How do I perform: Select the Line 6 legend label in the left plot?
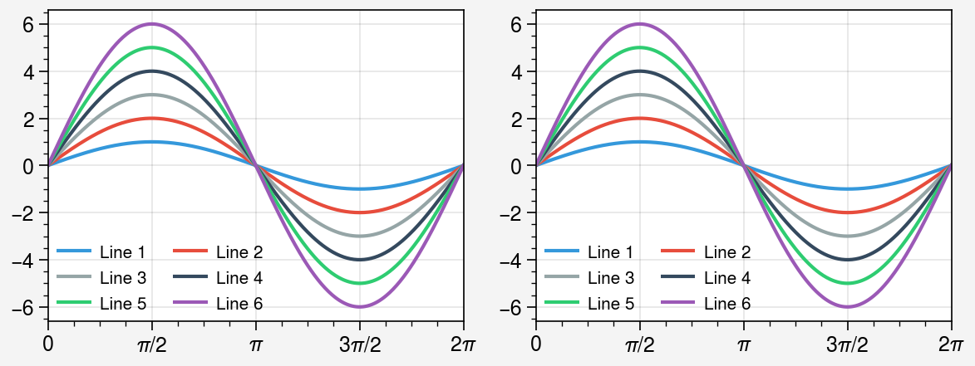pyautogui.click(x=239, y=305)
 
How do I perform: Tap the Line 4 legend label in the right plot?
pyautogui.click(x=726, y=278)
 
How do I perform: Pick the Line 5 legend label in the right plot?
pyautogui.click(x=610, y=305)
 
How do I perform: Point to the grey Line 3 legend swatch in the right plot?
pyautogui.click(x=561, y=278)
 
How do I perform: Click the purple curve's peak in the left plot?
pyautogui.click(x=151, y=23)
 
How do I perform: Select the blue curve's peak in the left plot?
pyautogui.click(x=151, y=142)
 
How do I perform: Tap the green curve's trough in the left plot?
pyautogui.click(x=359, y=283)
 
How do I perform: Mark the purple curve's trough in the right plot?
pyautogui.click(x=847, y=307)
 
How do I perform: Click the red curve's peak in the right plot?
pyautogui.click(x=639, y=118)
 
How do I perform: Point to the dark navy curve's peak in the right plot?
pyautogui.click(x=639, y=71)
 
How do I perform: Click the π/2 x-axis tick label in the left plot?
pyautogui.click(x=151, y=344)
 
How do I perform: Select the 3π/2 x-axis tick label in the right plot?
pyautogui.click(x=847, y=344)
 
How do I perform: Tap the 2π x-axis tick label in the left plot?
pyautogui.click(x=463, y=344)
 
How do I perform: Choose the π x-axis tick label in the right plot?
pyautogui.click(x=743, y=344)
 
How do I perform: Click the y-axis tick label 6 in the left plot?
pyautogui.click(x=30, y=24)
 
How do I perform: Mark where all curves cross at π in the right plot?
pyautogui.click(x=743, y=165)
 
